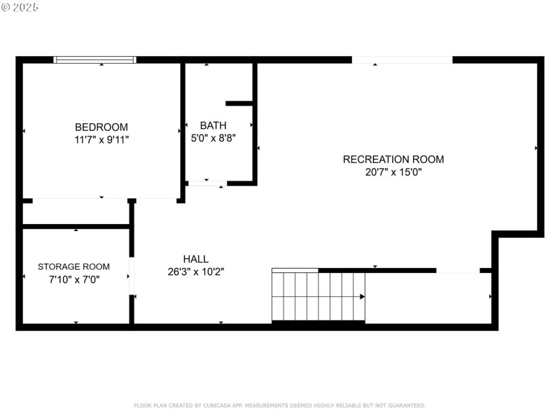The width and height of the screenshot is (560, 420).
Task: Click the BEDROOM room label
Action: pyautogui.click(x=101, y=127)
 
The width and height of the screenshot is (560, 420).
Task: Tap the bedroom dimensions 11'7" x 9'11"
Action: pyautogui.click(x=101, y=139)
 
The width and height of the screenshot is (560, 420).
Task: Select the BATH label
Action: pyautogui.click(x=213, y=125)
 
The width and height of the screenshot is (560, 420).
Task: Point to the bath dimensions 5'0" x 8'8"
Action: pyautogui.click(x=213, y=138)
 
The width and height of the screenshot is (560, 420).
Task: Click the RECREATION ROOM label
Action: pyautogui.click(x=393, y=159)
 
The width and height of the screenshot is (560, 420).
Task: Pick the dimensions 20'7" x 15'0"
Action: pyautogui.click(x=393, y=171)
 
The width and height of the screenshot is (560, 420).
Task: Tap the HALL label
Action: pyautogui.click(x=195, y=259)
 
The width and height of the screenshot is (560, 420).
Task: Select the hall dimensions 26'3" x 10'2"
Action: pyautogui.click(x=195, y=272)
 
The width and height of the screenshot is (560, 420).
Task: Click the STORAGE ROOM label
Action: pyautogui.click(x=73, y=266)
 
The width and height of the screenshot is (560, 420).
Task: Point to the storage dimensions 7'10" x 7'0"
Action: pyautogui.click(x=73, y=279)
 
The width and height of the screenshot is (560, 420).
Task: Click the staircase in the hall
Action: pyautogui.click(x=318, y=296)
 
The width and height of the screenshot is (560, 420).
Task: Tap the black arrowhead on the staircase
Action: pyautogui.click(x=362, y=296)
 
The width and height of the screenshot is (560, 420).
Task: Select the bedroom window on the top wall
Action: pyautogui.click(x=95, y=59)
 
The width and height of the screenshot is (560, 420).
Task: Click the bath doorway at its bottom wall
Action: pyautogui.click(x=206, y=183)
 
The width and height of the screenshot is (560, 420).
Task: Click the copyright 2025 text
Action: pyautogui.click(x=20, y=7)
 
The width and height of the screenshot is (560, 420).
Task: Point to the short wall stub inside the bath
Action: pyautogui.click(x=239, y=104)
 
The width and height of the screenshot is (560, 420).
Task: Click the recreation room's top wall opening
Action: pyautogui.click(x=402, y=59)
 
